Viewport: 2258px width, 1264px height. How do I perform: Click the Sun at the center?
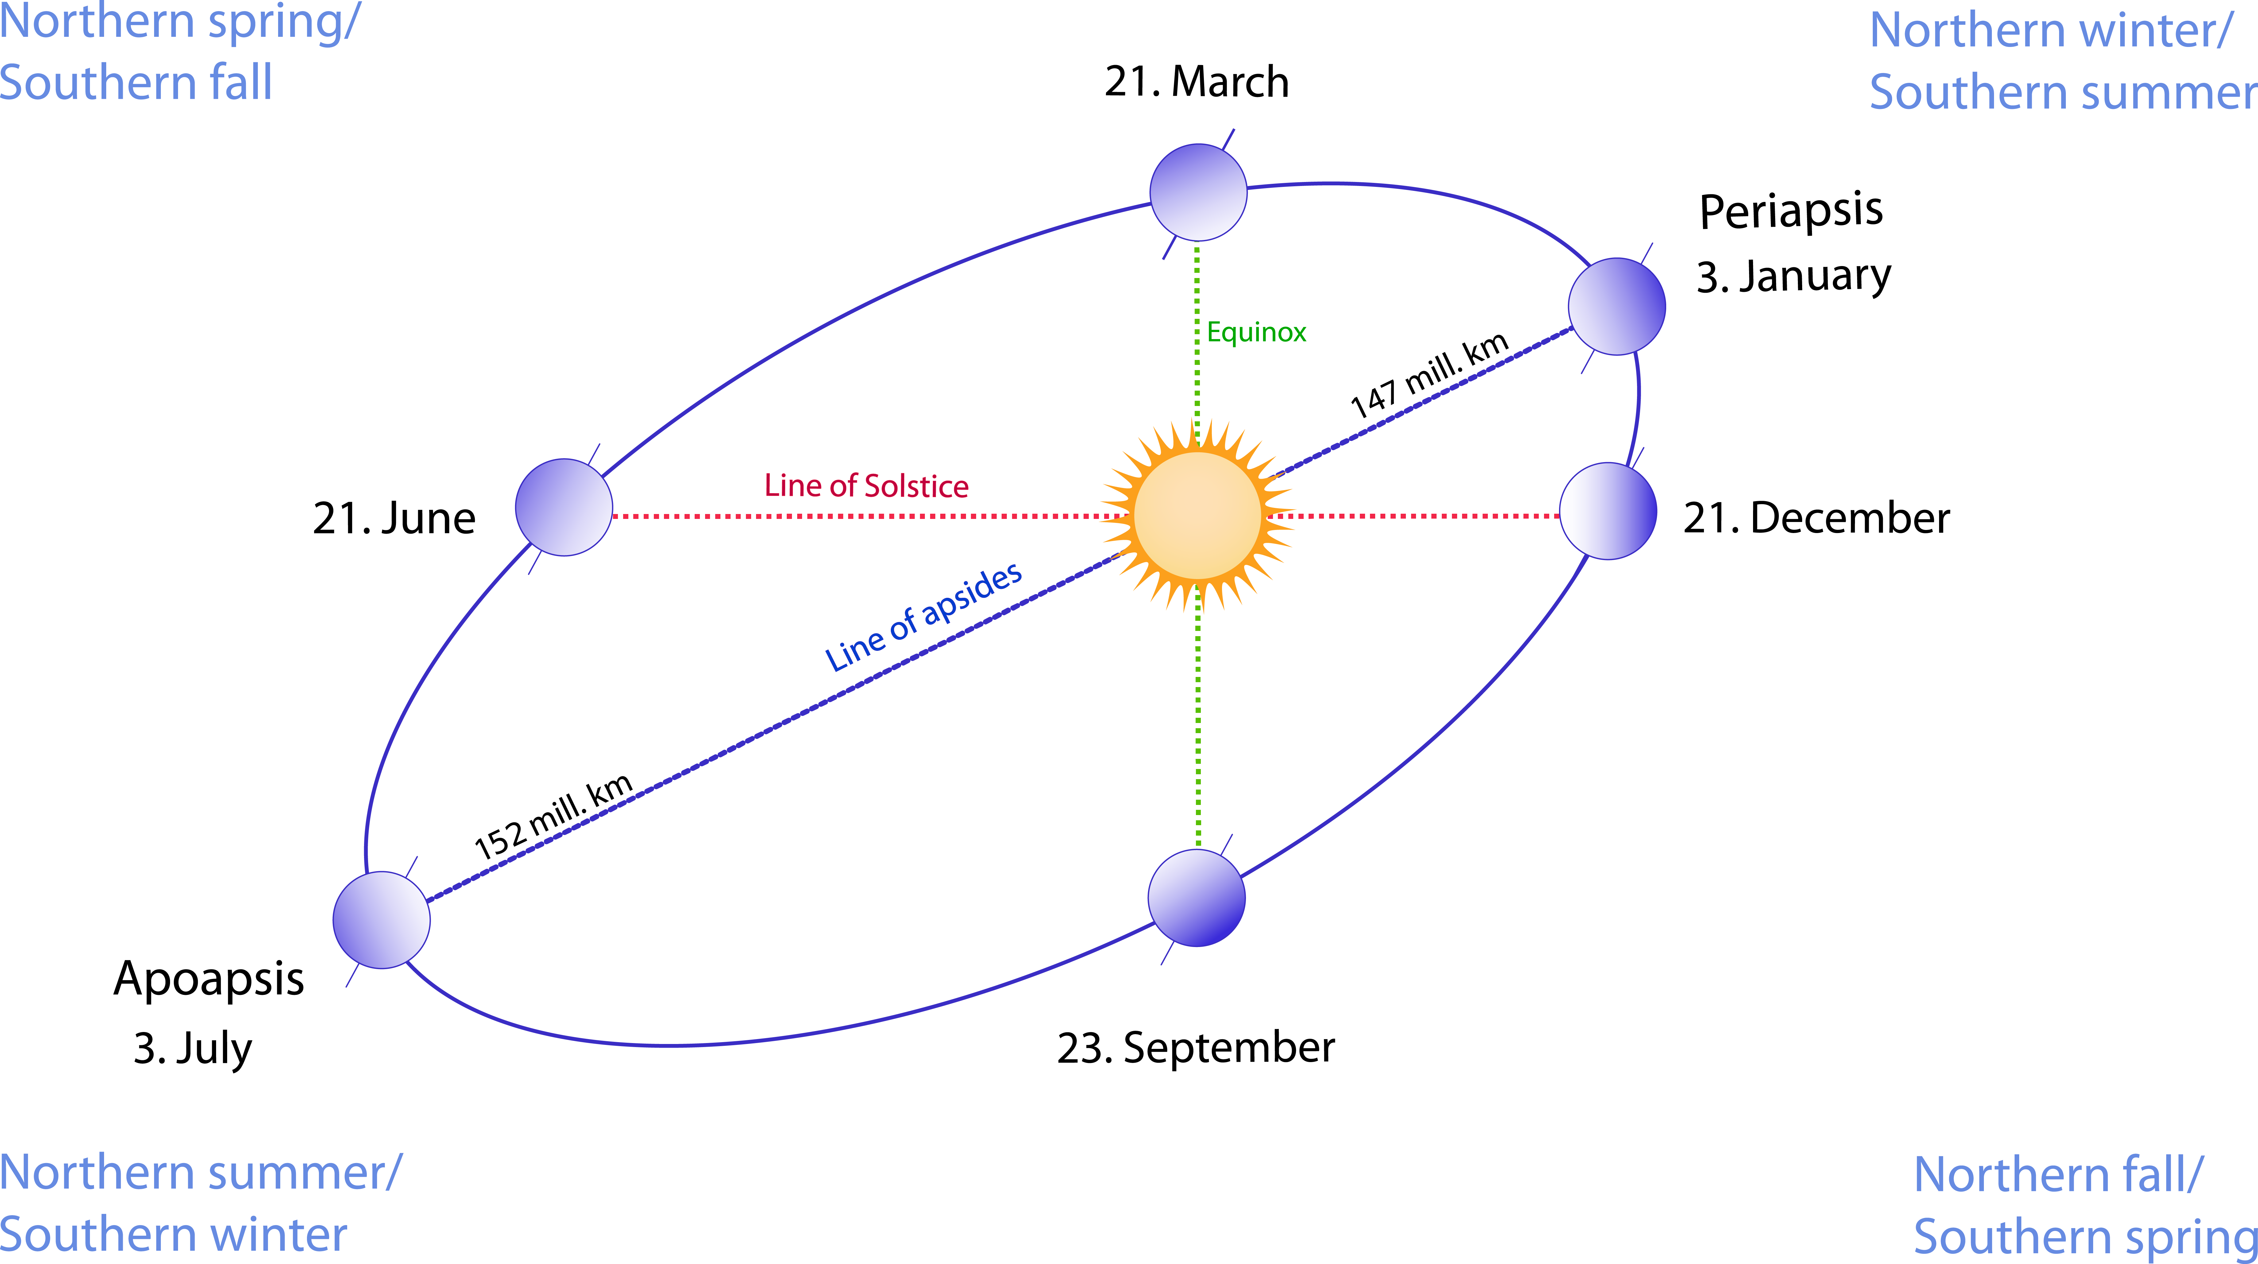[1197, 516]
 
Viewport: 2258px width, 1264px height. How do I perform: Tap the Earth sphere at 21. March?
[1198, 192]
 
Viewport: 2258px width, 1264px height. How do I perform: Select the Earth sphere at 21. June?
[564, 508]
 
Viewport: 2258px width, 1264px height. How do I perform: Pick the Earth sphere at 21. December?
[1608, 511]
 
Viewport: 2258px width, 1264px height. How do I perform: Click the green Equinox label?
[1256, 332]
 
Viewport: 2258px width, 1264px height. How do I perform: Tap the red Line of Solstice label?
[866, 485]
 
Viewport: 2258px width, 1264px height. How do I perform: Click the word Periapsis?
[1791, 211]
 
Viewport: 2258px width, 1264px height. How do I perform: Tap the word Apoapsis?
[209, 979]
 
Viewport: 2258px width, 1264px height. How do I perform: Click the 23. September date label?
[1196, 1048]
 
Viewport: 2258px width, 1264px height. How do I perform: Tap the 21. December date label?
[1816, 518]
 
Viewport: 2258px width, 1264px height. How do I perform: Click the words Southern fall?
[136, 83]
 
